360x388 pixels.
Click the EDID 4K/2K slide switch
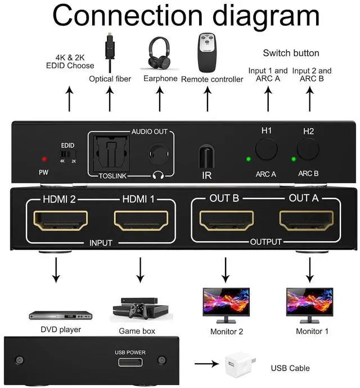(67, 153)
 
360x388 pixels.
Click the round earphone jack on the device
(157, 154)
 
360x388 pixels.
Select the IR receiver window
(206, 156)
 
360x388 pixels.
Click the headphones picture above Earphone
(160, 52)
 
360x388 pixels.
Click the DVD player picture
(55, 314)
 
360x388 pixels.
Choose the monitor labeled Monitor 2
(226, 304)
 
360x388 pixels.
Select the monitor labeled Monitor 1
(309, 304)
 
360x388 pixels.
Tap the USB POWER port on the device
(130, 362)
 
